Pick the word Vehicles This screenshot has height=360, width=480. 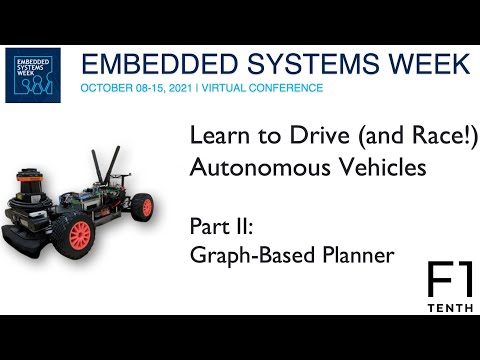point(367,167)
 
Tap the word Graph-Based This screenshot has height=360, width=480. point(246,255)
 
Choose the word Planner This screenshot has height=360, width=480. point(354,255)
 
